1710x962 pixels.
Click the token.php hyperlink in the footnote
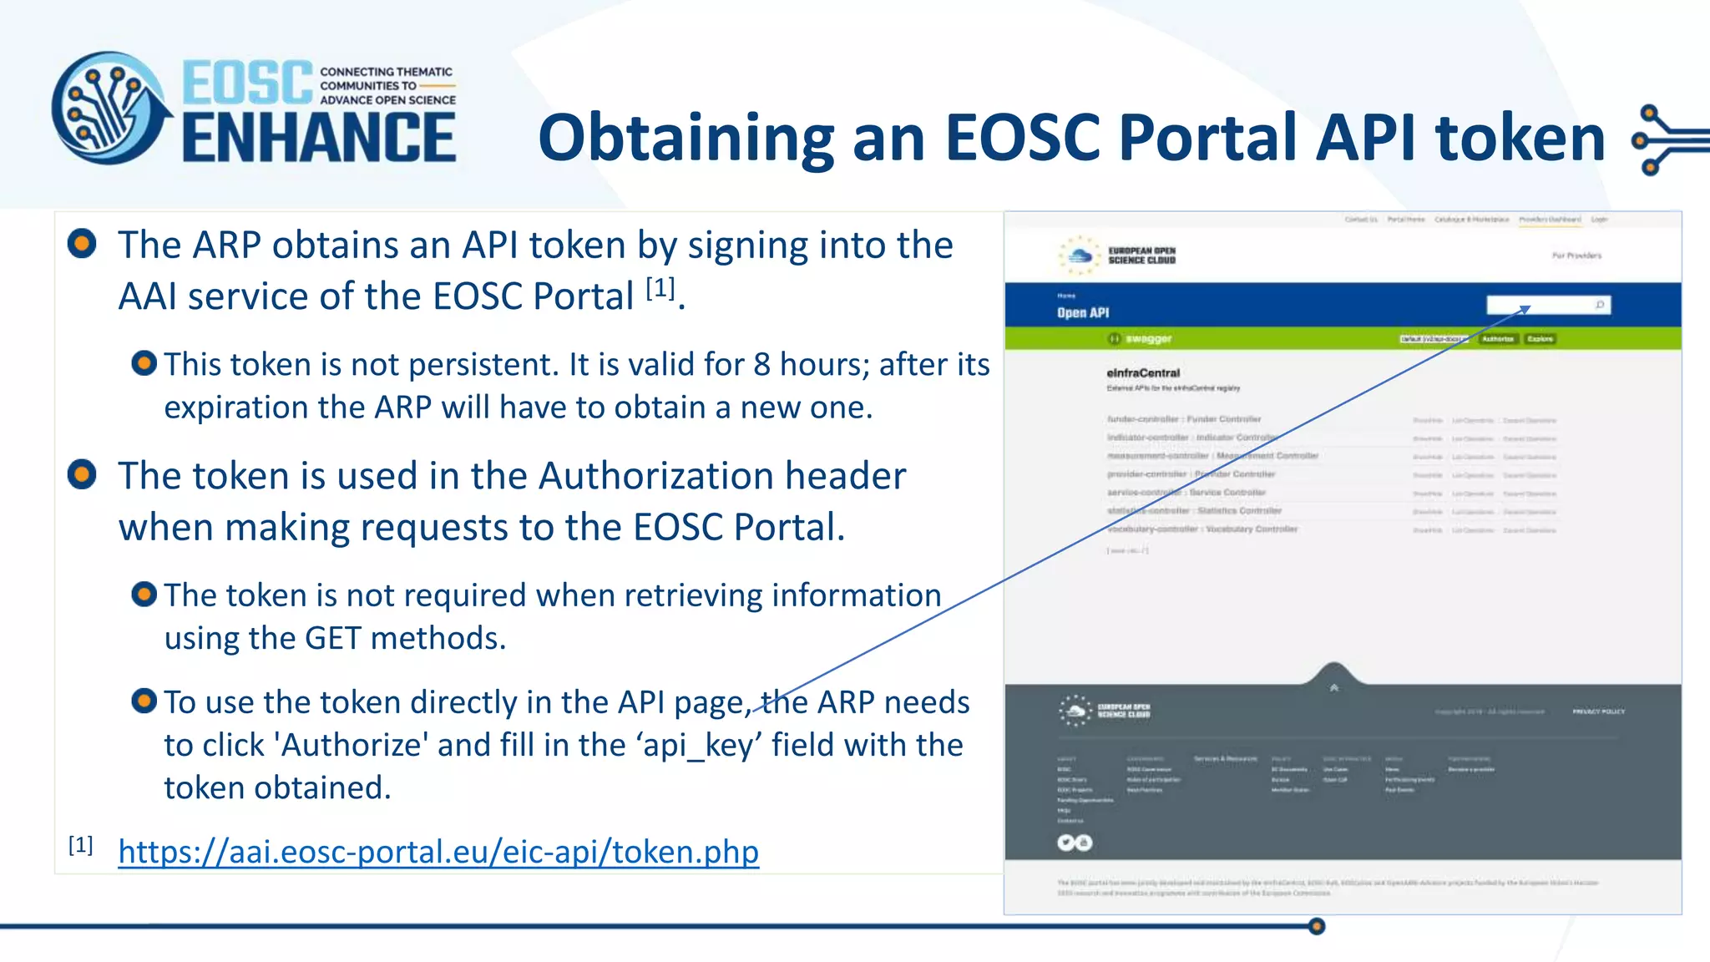[x=438, y=852]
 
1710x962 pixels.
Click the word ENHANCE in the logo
[x=319, y=138]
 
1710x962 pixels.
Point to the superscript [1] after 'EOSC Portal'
[x=660, y=288]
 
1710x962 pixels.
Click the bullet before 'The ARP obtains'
[x=82, y=244]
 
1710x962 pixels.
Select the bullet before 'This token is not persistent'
[x=144, y=363]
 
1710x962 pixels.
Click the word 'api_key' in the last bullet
[x=701, y=745]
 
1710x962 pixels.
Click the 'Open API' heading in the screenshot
[x=1083, y=312]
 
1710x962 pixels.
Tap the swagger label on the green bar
[x=1148, y=338]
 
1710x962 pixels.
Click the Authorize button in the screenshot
[x=1498, y=339]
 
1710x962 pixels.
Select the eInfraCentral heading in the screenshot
[x=1143, y=372]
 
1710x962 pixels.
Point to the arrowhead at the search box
[x=1525, y=309]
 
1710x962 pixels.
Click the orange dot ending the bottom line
[x=1317, y=926]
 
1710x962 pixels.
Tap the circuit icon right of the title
[x=1666, y=139]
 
